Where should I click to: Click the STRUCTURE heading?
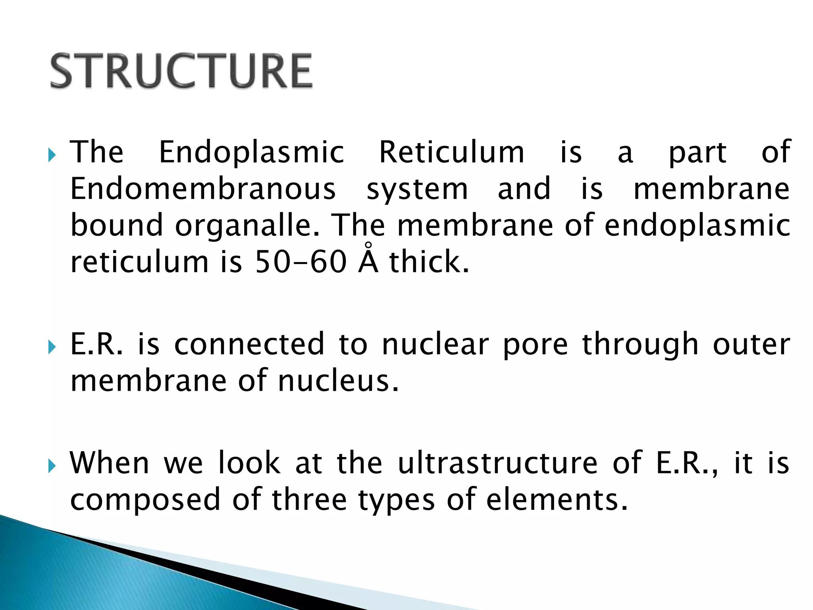(x=181, y=71)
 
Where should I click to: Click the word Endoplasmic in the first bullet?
(x=251, y=152)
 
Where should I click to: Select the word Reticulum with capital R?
(x=452, y=152)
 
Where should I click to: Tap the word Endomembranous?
(x=203, y=189)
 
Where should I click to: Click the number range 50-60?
(x=301, y=262)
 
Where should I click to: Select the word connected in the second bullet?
(x=249, y=344)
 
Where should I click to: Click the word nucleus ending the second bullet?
(x=338, y=381)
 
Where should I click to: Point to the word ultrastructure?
(x=497, y=463)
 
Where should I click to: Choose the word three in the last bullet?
(x=309, y=500)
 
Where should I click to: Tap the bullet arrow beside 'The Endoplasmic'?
(x=52, y=155)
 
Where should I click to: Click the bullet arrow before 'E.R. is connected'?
(x=52, y=347)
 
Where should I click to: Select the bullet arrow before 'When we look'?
(x=52, y=465)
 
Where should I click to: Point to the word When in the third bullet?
(x=110, y=463)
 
